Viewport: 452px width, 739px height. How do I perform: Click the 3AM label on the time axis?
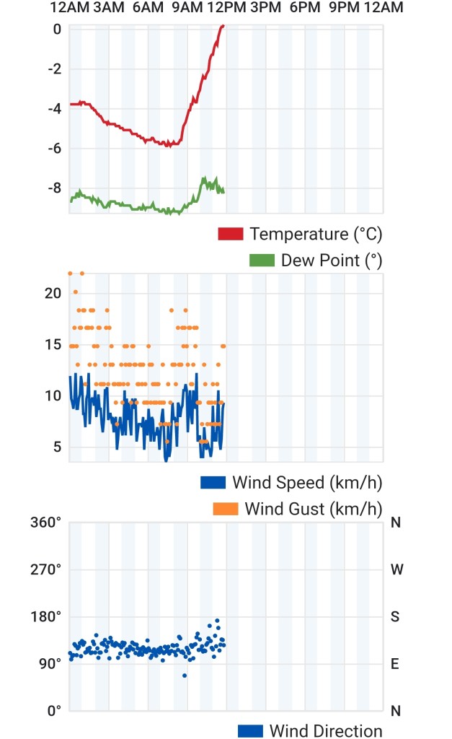109,7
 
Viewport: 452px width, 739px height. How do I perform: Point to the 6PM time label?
305,7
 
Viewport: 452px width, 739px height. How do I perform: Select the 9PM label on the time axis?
344,7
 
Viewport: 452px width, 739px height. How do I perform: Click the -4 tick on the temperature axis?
55,109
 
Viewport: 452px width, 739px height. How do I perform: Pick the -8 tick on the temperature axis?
55,188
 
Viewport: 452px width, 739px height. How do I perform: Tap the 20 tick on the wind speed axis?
53,293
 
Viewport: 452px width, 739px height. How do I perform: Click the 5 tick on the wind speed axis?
58,446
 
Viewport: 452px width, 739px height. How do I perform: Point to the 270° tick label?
45,569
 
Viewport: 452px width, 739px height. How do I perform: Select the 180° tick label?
45,616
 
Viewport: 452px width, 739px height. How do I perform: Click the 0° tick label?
55,711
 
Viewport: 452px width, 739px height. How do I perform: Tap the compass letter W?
397,569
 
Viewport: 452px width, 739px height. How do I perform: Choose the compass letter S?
395,616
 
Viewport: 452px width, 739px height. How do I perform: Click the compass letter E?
395,664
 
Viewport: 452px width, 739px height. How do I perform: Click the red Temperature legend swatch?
231,234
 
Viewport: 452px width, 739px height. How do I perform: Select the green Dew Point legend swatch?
262,260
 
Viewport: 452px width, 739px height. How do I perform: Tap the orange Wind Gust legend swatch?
226,509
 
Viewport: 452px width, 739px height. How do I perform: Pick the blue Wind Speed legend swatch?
213,483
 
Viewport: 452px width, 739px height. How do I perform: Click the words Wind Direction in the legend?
326,730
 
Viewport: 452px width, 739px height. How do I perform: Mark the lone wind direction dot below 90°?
185,675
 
